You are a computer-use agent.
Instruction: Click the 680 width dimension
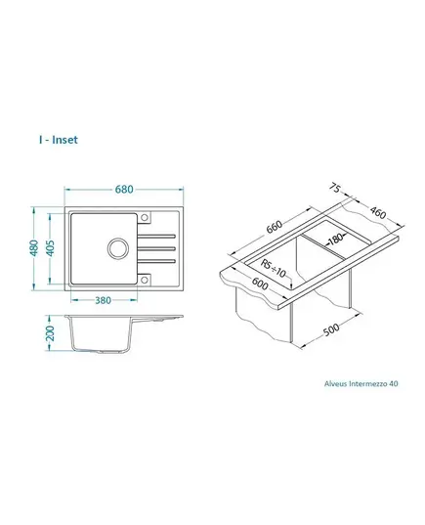[124, 190]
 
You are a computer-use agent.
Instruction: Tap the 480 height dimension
[34, 248]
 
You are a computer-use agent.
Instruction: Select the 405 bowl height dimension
[50, 248]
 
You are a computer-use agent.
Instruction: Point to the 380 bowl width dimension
[103, 300]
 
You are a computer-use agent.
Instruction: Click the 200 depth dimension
[50, 332]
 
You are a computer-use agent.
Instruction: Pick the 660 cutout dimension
[275, 227]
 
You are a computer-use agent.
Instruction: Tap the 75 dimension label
[335, 188]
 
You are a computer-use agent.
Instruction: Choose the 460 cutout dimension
[378, 212]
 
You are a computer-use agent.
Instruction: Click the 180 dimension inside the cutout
[336, 239]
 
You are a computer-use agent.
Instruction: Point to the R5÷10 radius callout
[274, 269]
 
